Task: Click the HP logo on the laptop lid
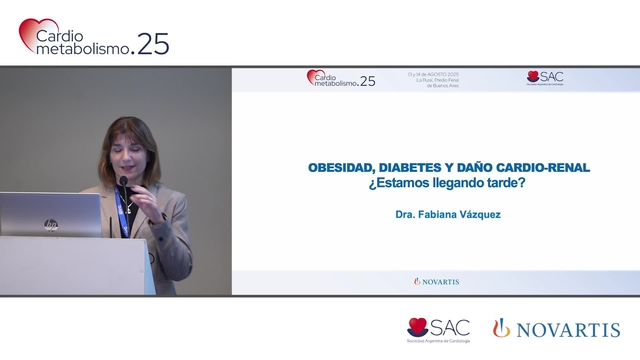click(x=51, y=224)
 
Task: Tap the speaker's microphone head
click(x=124, y=183)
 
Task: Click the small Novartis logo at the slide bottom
click(x=436, y=282)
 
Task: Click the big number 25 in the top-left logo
click(x=153, y=44)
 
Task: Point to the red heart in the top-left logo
click(x=30, y=32)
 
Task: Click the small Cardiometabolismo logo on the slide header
click(x=341, y=79)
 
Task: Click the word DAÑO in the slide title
click(x=479, y=168)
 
